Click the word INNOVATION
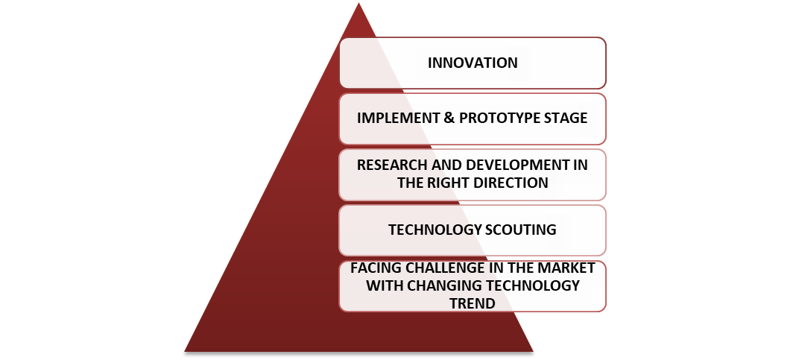tap(473, 63)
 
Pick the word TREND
tap(473, 304)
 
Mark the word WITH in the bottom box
tap(382, 286)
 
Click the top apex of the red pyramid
tap(358, 4)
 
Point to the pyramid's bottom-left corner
tap(186, 350)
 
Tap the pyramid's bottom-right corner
tap(532, 350)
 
